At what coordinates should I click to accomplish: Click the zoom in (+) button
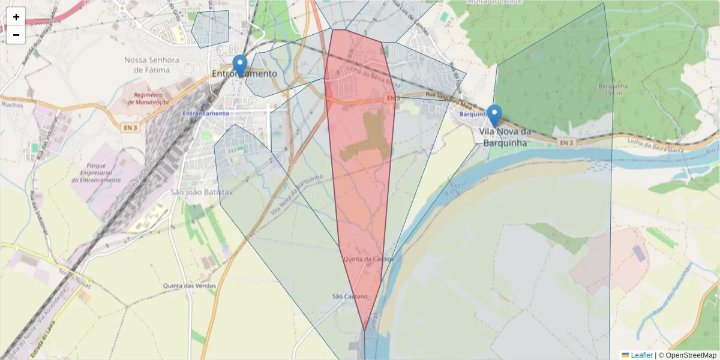[x=16, y=17]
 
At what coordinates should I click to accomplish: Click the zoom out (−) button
[x=16, y=35]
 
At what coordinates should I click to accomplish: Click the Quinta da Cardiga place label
[x=369, y=259]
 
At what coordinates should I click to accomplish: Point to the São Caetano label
[x=350, y=296]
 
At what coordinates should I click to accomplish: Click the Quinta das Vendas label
[x=189, y=286]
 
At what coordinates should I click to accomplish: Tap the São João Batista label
[x=200, y=192]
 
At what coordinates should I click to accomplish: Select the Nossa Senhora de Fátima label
[x=152, y=65]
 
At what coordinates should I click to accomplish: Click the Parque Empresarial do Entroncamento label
[x=97, y=172]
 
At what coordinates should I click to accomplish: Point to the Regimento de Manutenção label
[x=148, y=98]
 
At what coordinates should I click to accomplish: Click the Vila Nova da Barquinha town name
[x=506, y=137]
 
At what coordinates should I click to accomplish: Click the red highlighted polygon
[x=360, y=198]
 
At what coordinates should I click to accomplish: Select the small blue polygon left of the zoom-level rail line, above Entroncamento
[x=211, y=28]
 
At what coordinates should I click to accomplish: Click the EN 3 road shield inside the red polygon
[x=392, y=98]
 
